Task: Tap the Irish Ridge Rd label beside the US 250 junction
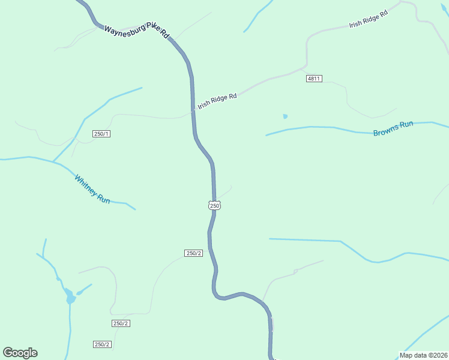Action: pos(217,100)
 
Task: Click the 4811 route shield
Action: pos(314,79)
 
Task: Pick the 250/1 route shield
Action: pos(101,133)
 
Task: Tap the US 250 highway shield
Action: pos(215,205)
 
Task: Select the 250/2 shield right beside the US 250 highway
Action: pos(193,253)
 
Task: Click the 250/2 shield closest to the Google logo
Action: pos(102,344)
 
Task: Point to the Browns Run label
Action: pos(393,128)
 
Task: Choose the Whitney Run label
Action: pos(92,188)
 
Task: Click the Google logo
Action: pos(20,353)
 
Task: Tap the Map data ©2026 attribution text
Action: pos(423,355)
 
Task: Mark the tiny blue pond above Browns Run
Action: pos(285,116)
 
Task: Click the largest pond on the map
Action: pos(70,298)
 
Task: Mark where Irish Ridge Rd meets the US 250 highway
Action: pos(193,111)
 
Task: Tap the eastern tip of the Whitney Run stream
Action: pos(135,209)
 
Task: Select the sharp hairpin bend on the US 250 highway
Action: pos(216,293)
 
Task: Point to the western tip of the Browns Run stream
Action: pos(267,135)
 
